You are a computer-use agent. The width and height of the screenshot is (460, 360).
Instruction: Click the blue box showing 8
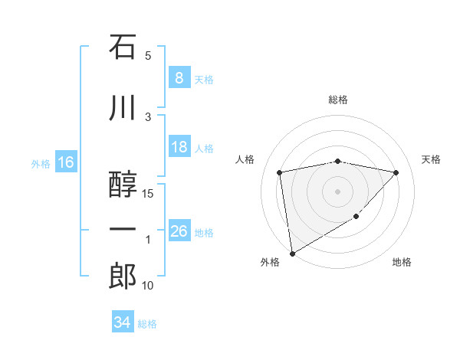179,78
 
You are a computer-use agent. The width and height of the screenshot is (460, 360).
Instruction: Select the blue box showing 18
179,147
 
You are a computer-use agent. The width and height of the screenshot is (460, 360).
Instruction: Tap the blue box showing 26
179,231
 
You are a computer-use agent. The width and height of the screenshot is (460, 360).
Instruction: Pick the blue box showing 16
65,162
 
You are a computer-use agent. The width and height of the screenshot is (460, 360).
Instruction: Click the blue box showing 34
122,322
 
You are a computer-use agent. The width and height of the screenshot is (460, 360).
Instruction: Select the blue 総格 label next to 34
147,324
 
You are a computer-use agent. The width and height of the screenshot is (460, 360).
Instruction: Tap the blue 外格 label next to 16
40,163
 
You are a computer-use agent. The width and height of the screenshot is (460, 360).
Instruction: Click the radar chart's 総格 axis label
338,100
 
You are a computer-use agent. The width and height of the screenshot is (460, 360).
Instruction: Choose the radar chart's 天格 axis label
432,159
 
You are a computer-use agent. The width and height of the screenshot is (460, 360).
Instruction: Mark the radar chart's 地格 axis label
402,262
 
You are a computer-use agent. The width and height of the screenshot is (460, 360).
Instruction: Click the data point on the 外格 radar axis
291,253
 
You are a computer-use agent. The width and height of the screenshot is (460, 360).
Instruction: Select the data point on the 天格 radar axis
396,172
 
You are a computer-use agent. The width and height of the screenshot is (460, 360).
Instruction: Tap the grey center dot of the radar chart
338,191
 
